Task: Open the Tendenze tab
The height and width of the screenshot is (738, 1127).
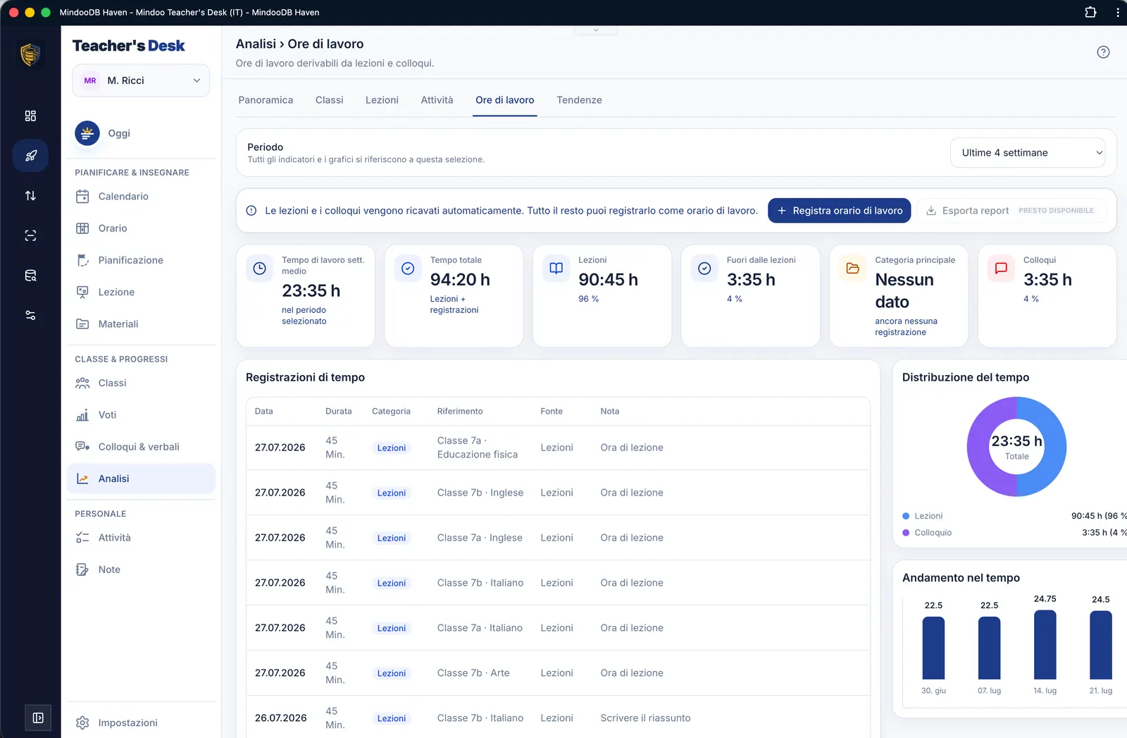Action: [x=578, y=99]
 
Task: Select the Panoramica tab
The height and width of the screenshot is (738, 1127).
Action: [x=266, y=99]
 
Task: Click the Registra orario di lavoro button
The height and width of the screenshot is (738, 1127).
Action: [x=839, y=211]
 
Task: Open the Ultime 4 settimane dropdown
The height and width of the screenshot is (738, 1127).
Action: [x=1028, y=152]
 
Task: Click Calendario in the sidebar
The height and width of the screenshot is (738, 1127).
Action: [x=123, y=197]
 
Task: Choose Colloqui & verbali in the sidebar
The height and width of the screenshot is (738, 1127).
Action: [x=139, y=446]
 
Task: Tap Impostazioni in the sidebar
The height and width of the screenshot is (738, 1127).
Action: [x=127, y=722]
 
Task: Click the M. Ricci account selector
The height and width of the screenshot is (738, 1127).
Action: [x=141, y=80]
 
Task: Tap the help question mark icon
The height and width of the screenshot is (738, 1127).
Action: [x=1103, y=52]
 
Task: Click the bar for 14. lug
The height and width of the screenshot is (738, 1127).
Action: [x=1045, y=645]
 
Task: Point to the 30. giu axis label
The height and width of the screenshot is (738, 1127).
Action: [x=933, y=691]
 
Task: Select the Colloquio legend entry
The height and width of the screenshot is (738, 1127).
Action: [x=933, y=533]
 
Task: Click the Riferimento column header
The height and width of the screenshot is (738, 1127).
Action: [x=460, y=411]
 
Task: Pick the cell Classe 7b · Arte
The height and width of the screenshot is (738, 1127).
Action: [x=473, y=672]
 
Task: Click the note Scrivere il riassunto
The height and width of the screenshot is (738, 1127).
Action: [x=645, y=718]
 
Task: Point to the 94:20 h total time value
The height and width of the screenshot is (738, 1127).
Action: [x=460, y=279]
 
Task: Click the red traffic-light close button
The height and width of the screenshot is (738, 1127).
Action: [x=14, y=12]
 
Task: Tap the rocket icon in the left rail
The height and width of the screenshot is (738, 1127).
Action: [x=31, y=156]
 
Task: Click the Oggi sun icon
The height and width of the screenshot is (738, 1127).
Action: [x=87, y=133]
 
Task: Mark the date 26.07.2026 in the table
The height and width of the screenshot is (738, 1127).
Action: [x=280, y=718]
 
